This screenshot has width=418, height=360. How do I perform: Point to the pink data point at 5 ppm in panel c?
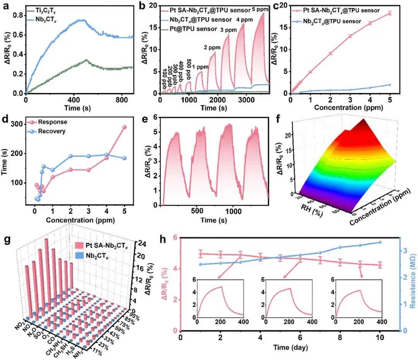[x=389, y=13]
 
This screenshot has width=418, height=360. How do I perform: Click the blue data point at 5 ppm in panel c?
[x=389, y=85]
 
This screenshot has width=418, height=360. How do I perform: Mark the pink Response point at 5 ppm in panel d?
[x=125, y=127]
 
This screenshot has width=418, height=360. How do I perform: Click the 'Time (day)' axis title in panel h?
[x=286, y=348]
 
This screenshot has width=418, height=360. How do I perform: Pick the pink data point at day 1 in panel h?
[x=200, y=254]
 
